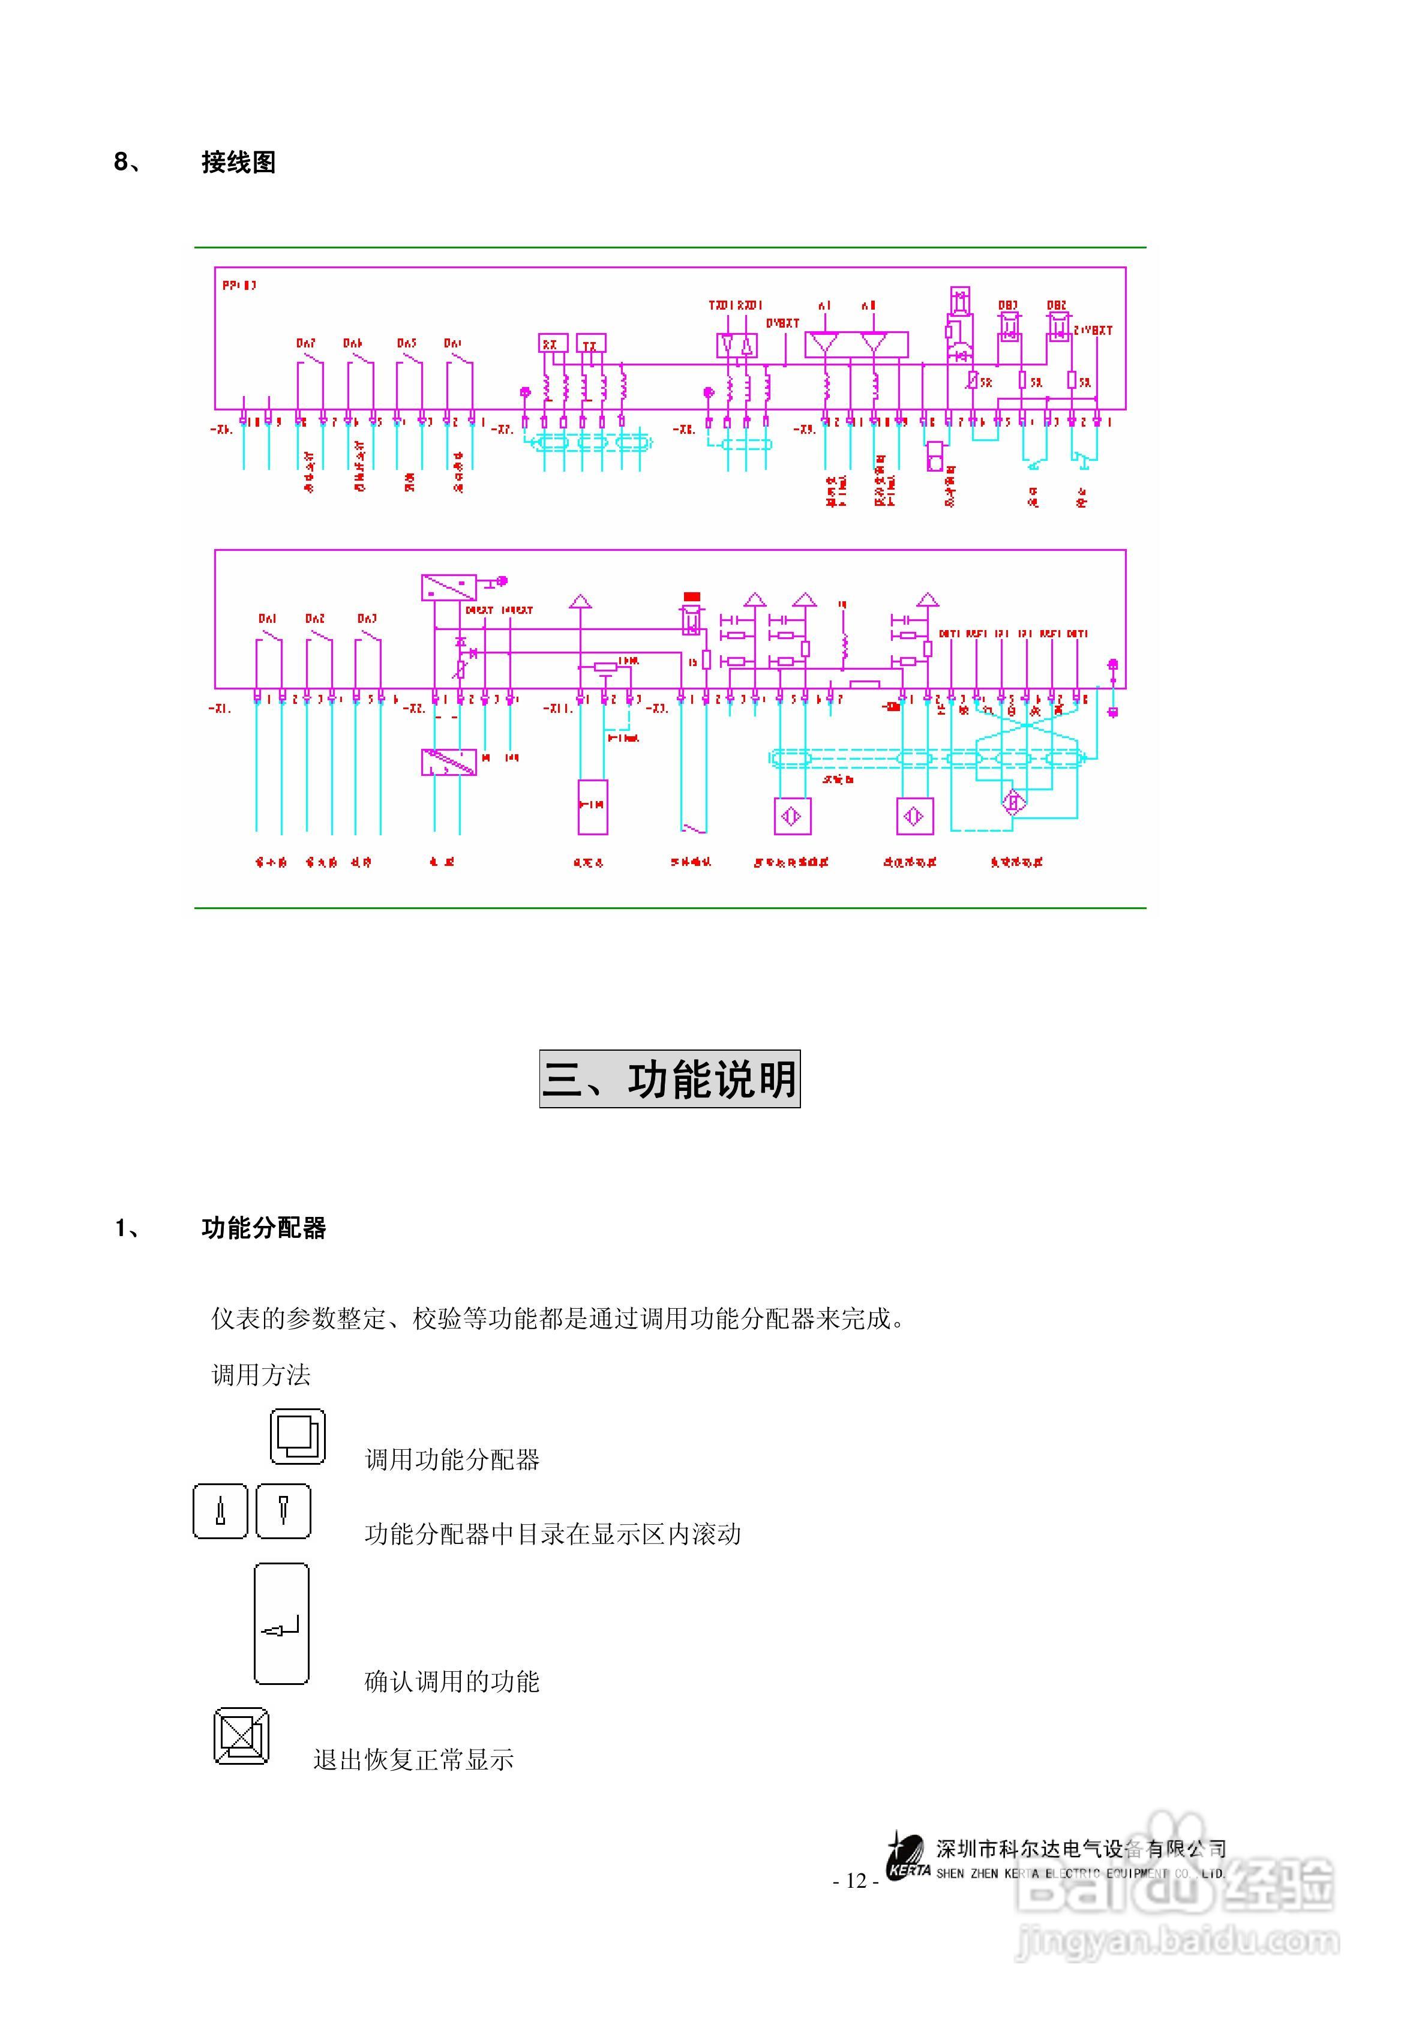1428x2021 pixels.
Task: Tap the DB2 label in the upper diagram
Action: coord(1057,305)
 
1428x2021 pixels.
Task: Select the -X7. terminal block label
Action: coord(503,430)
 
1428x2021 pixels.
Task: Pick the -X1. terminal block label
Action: coord(220,707)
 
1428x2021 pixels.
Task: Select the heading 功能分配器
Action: coord(263,1228)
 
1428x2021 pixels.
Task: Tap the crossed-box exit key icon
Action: coord(241,1737)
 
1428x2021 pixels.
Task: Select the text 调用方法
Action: coord(262,1375)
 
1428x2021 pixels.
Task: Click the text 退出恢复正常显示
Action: coord(414,1759)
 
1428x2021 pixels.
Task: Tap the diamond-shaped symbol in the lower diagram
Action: coord(1013,802)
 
